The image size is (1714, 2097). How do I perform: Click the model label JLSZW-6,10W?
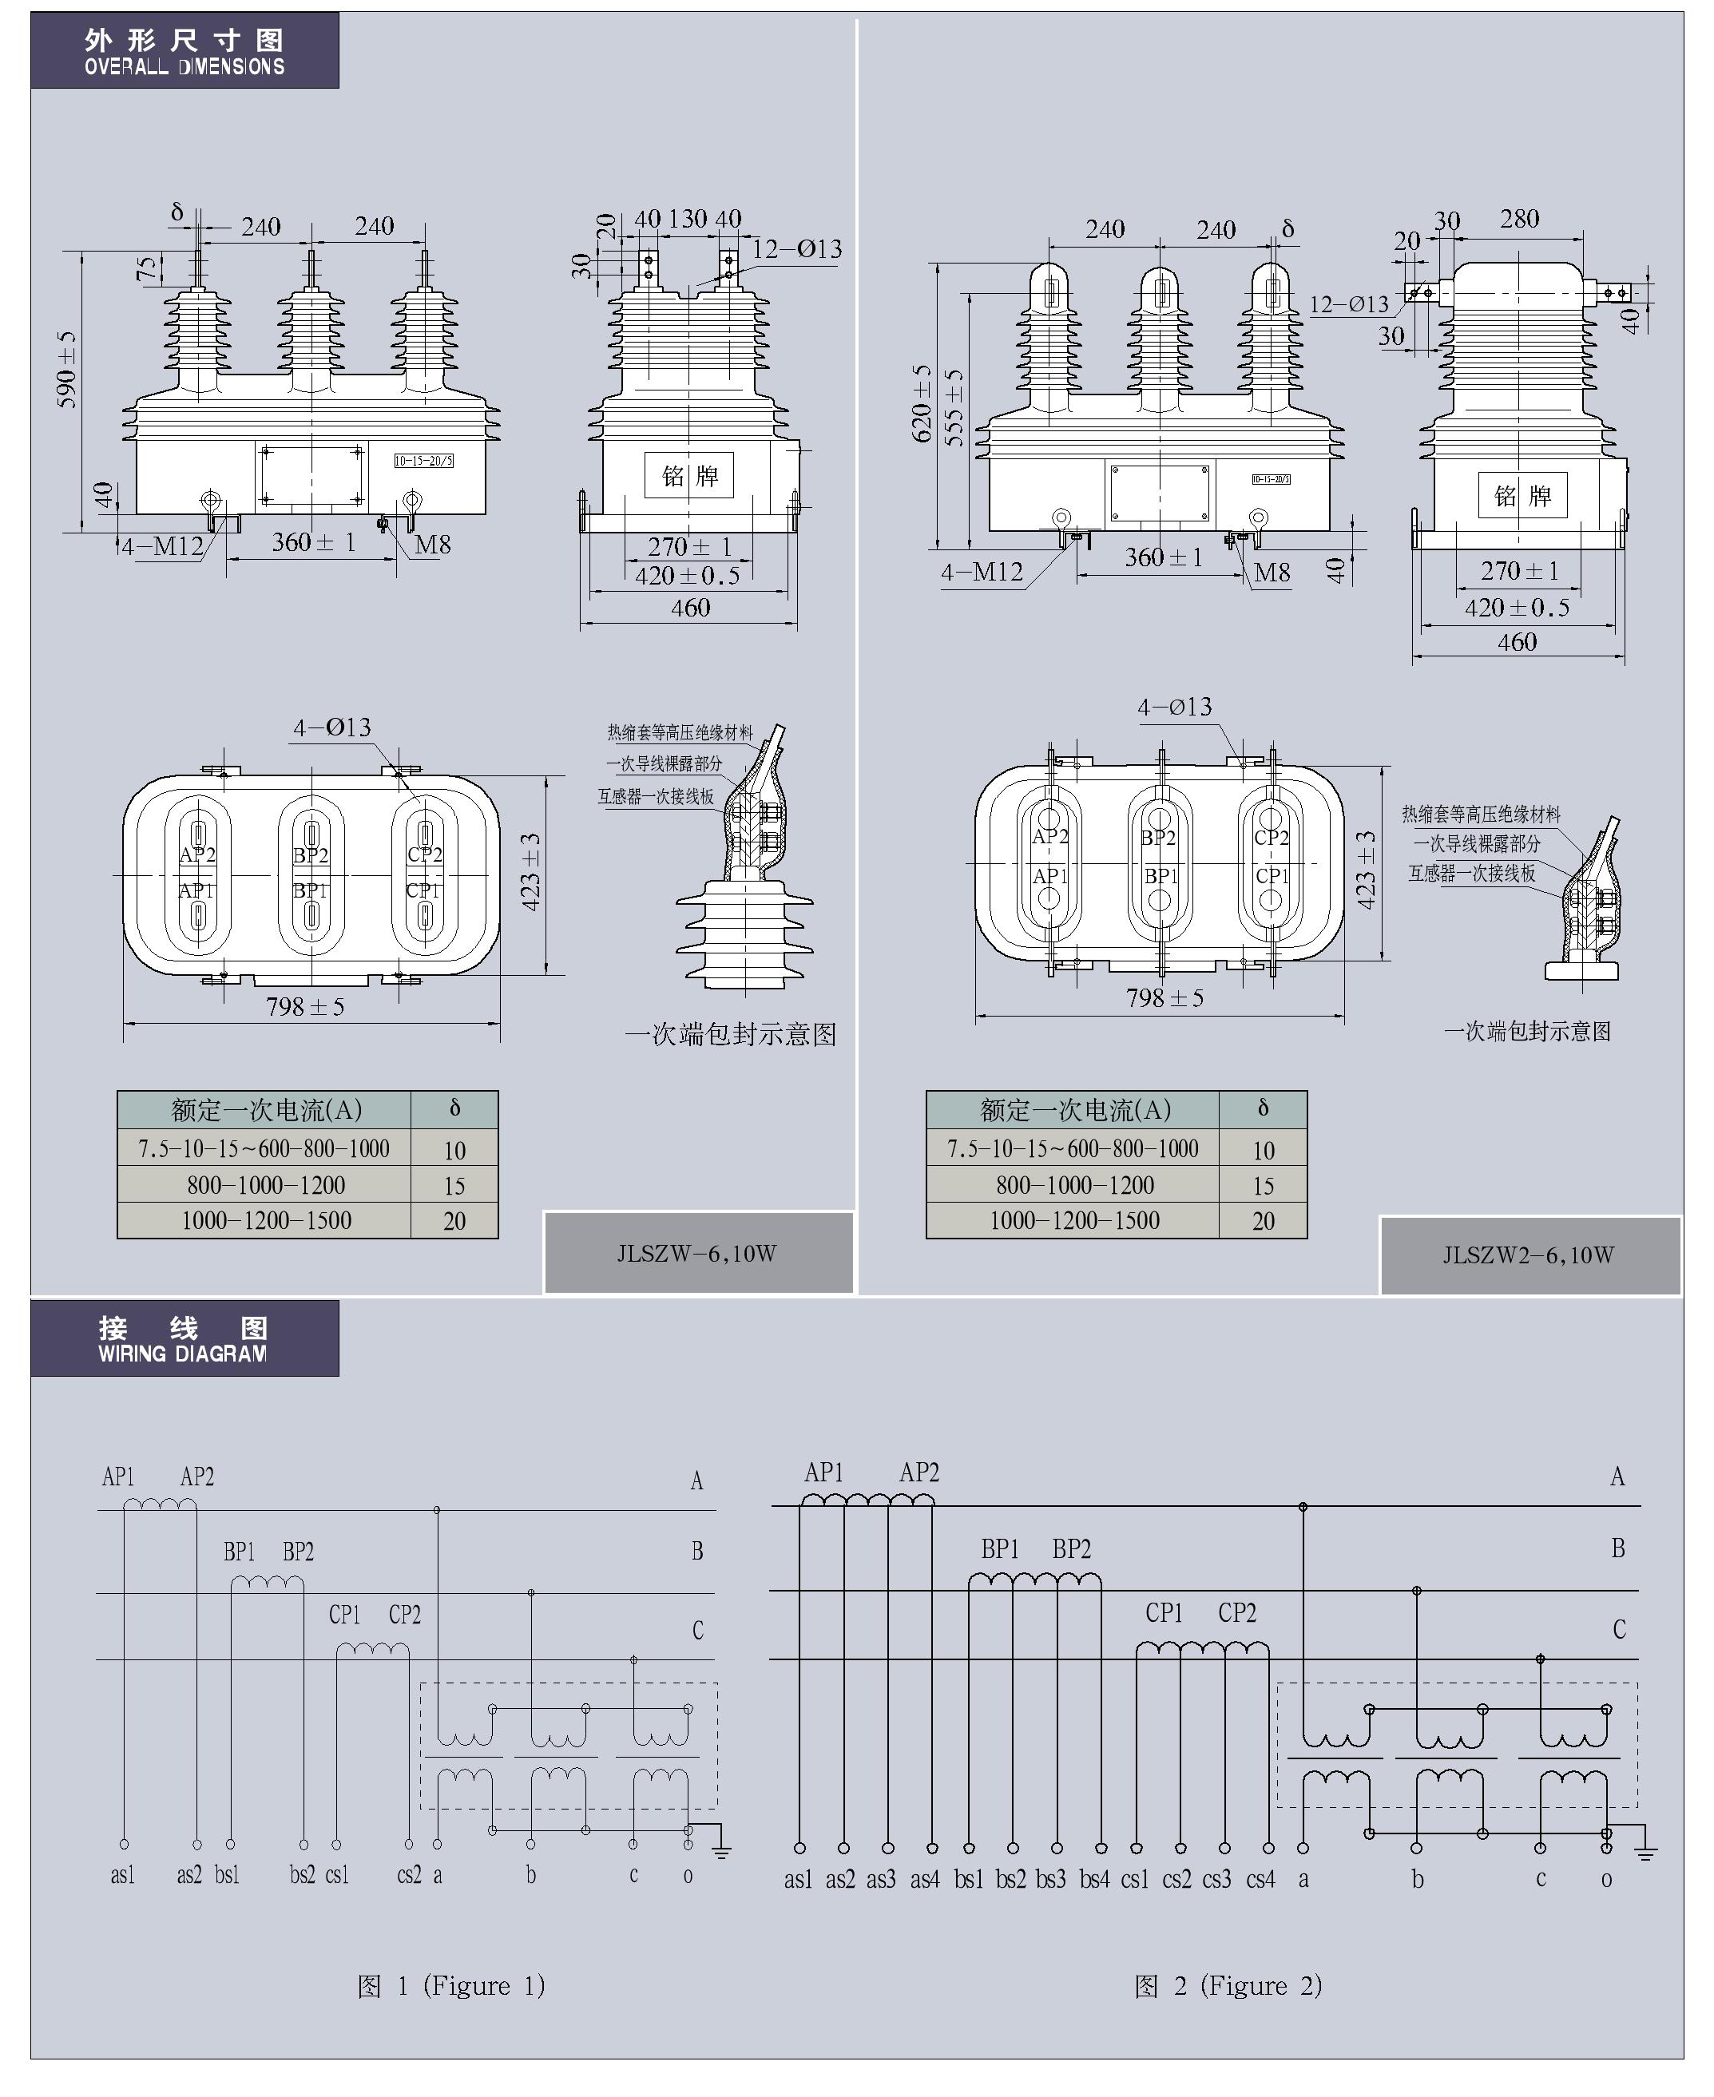pyautogui.click(x=697, y=1254)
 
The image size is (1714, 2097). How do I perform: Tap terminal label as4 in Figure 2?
pyautogui.click(x=925, y=1879)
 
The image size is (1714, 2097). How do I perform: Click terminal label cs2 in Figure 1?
pyautogui.click(x=409, y=1874)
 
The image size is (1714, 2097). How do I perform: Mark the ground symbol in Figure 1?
pyautogui.click(x=720, y=1851)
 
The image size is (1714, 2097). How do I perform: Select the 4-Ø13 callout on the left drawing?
pyautogui.click(x=331, y=727)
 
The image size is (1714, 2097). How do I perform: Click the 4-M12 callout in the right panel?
pyautogui.click(x=982, y=572)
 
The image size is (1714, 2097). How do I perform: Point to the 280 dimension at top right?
pyautogui.click(x=1518, y=218)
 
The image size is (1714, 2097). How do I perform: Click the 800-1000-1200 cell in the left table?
pyautogui.click(x=266, y=1185)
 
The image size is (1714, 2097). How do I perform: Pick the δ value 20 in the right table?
pyautogui.click(x=1263, y=1221)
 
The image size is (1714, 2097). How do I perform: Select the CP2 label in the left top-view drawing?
pyautogui.click(x=425, y=854)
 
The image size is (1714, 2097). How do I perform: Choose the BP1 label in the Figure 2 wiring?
pyautogui.click(x=999, y=1549)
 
